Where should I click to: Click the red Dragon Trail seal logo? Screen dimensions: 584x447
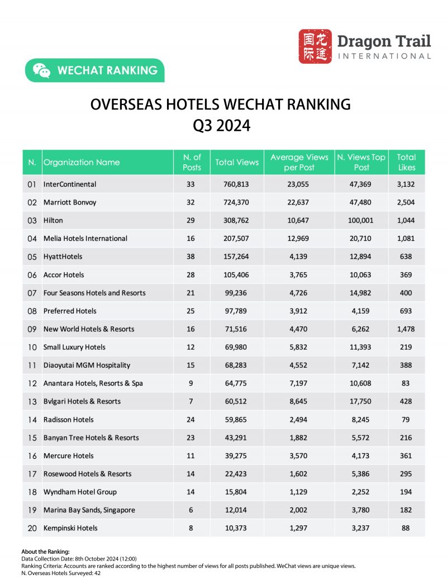315,47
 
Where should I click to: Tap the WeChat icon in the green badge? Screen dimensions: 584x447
41,70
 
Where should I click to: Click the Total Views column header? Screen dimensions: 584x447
237,163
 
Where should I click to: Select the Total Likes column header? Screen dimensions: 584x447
407,163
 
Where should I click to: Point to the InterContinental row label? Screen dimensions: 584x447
70,184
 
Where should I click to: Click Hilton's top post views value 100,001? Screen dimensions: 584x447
361,220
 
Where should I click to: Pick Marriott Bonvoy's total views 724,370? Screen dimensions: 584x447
237,202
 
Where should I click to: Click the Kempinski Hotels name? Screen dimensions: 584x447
70,528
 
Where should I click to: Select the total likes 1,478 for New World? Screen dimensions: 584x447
407,329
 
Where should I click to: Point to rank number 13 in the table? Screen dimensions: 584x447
32,401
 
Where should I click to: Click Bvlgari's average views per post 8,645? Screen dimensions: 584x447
299,401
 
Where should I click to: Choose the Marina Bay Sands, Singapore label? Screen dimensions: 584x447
89,510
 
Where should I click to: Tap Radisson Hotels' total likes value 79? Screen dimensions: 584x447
407,420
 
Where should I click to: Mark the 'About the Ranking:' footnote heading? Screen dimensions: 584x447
45,552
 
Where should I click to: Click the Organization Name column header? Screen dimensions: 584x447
82,163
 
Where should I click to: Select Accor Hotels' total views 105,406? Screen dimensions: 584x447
237,274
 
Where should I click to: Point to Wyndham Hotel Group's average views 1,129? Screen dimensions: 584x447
299,492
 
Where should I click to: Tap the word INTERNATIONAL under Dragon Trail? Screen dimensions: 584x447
384,56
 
